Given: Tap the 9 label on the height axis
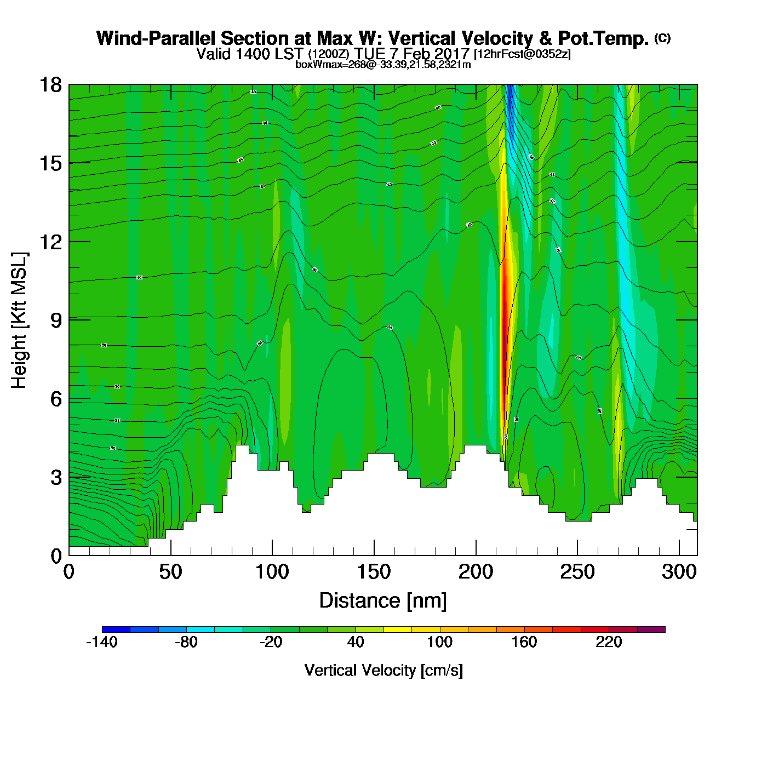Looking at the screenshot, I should point(56,320).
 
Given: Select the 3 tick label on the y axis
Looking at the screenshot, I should point(56,478).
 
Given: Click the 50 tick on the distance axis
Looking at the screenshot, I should point(170,572).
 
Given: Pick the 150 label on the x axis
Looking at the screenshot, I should point(374,572).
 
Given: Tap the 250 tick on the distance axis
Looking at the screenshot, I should point(577,572).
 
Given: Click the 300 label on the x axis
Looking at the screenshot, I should point(679,572).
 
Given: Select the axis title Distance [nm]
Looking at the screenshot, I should point(383,600).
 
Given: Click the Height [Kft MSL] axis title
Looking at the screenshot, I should point(19,320).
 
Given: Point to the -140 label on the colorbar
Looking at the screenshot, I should point(102,642).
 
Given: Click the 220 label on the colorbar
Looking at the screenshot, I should point(609,642).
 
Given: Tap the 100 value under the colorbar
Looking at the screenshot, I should point(439,642).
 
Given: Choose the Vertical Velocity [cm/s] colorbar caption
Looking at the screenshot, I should point(383,670).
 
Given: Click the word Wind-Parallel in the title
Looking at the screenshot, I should point(156,38).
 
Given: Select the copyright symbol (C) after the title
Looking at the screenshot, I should point(662,38).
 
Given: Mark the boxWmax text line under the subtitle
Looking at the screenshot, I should point(383,64).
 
